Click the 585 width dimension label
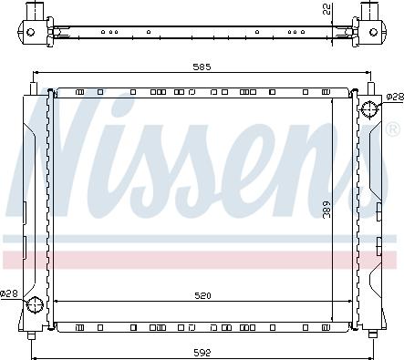[202, 67]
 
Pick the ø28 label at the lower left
[8, 293]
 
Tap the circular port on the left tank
[35, 304]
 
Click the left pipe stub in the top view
[34, 12]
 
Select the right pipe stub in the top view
[372, 12]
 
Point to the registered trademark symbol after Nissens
[392, 127]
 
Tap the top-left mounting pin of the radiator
[34, 89]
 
